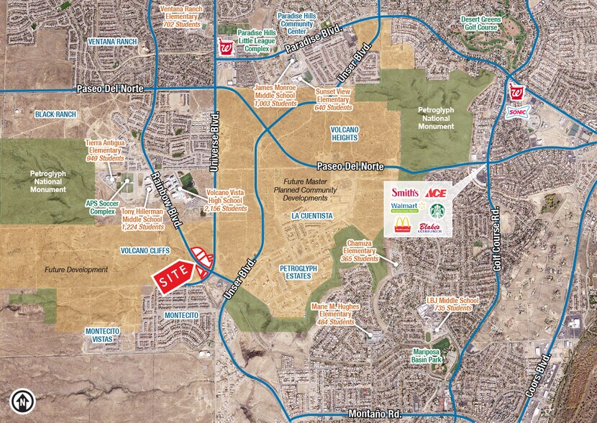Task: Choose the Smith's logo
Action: [404, 193]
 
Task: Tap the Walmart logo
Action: [404, 209]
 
